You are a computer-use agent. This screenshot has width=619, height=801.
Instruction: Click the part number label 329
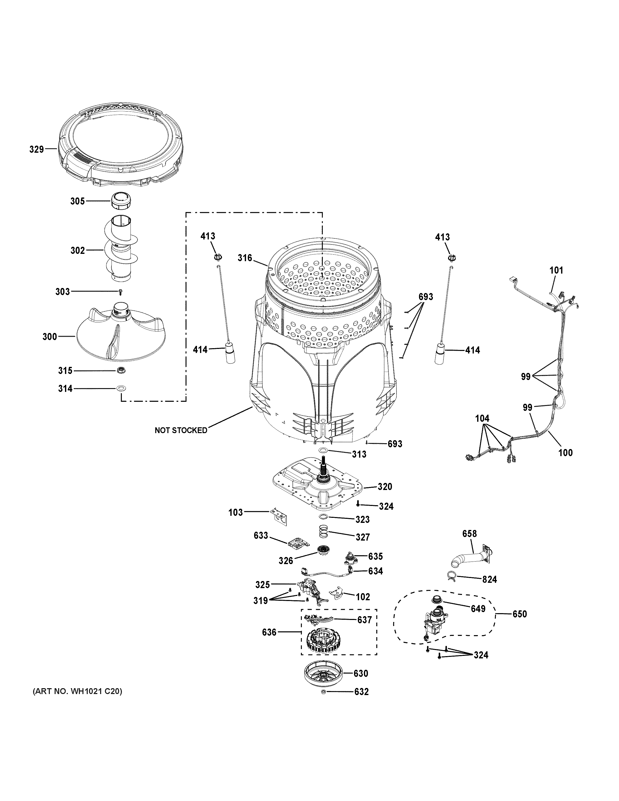[x=36, y=149]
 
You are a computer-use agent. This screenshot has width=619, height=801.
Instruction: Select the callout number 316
[x=245, y=258]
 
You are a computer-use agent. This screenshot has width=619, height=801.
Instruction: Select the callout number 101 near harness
[x=556, y=270]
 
